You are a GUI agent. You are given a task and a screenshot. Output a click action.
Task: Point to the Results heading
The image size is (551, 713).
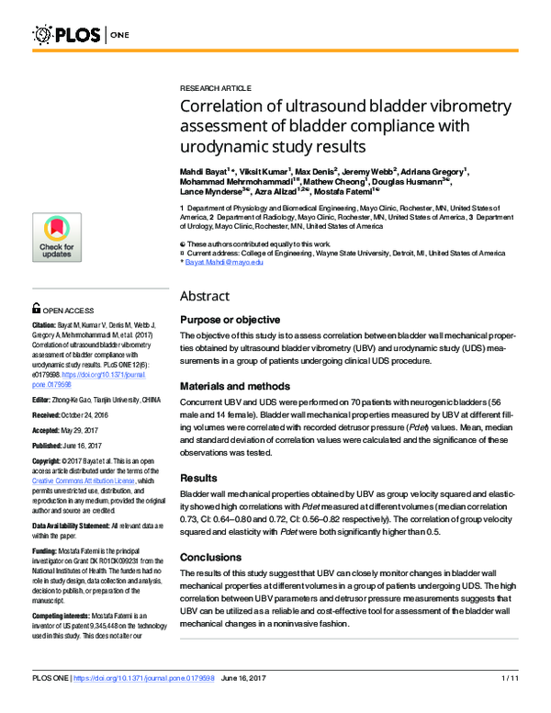point(199,478)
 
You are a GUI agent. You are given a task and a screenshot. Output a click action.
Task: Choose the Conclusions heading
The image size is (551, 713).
point(211,557)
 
